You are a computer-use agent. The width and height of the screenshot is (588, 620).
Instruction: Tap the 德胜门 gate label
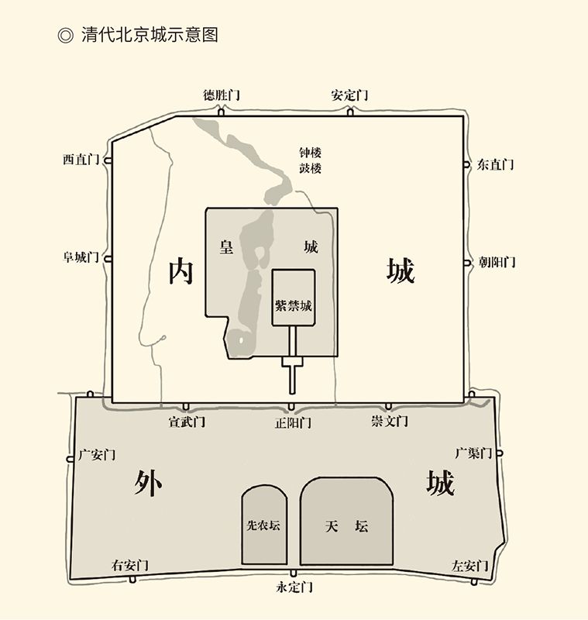222,95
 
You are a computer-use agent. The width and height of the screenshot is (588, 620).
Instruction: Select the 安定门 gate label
349,95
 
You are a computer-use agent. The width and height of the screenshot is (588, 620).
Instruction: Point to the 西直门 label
81,160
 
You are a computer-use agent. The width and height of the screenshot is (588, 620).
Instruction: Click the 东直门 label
495,164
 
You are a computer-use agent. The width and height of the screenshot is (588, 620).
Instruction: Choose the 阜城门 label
81,257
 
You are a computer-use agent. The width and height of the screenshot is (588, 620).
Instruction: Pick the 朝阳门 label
497,262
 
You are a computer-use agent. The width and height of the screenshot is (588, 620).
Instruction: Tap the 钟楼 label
310,153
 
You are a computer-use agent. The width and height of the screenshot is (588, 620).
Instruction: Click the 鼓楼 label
310,168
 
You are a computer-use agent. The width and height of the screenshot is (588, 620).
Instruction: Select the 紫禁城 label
294,305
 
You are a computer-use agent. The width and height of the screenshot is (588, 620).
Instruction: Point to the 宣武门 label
187,422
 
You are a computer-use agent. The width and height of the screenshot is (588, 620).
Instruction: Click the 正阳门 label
293,423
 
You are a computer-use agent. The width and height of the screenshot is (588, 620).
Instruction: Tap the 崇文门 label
389,422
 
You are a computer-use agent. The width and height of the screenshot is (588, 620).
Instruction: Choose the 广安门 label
97,455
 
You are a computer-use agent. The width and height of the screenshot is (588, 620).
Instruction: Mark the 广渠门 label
473,453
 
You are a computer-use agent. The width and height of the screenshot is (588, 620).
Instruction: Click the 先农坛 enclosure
263,525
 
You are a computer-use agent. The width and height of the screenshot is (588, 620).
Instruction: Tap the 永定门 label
294,587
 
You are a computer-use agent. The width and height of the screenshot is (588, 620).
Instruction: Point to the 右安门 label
129,564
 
